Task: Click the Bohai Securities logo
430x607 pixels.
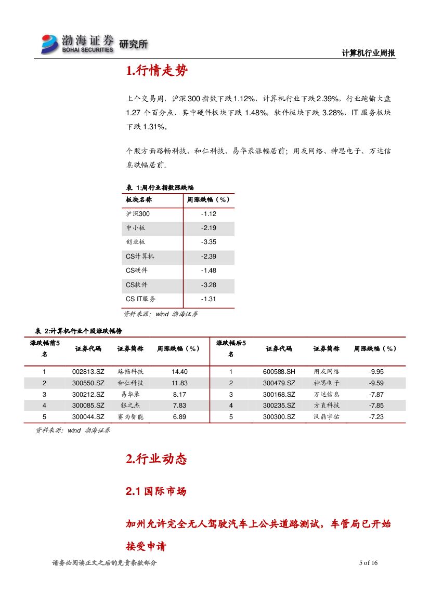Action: point(78,44)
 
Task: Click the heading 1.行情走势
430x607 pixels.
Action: point(157,71)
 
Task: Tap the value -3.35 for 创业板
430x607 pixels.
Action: point(209,242)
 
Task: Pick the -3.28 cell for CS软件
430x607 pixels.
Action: point(209,285)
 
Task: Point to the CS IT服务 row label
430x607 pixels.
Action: point(141,299)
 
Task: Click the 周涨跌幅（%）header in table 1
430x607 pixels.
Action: point(209,199)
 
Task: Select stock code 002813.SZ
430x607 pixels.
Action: point(88,372)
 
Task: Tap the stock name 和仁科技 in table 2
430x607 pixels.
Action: point(131,383)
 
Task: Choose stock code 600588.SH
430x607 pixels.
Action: point(279,372)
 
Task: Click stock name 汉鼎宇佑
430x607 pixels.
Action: point(327,417)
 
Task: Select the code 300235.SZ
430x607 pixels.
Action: point(279,406)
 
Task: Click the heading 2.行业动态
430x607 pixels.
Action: point(156,459)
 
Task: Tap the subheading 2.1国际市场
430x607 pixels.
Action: point(156,491)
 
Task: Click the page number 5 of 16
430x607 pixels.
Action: point(368,563)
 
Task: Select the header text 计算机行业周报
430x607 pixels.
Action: point(369,53)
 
